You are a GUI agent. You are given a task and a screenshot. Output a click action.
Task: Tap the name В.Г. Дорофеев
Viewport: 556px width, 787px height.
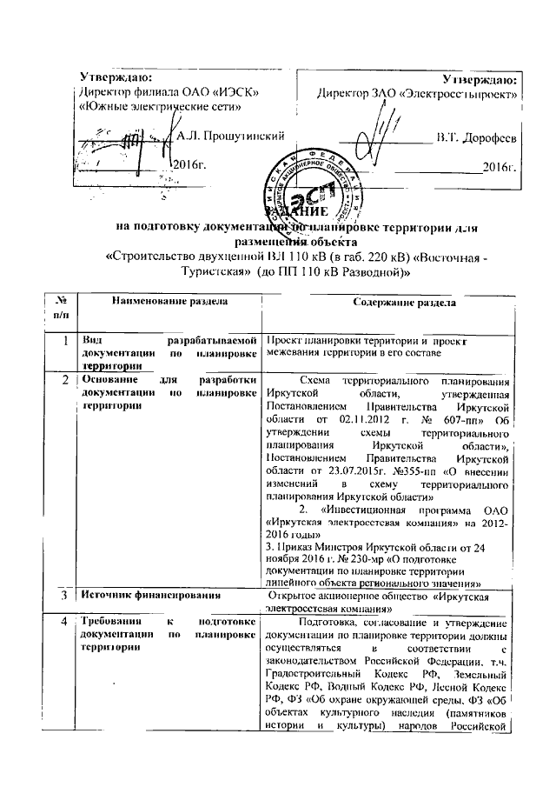coord(477,137)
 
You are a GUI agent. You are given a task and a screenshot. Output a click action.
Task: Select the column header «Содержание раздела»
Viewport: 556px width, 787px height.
coord(400,302)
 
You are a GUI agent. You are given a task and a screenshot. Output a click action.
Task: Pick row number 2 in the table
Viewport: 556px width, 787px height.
coord(66,381)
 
